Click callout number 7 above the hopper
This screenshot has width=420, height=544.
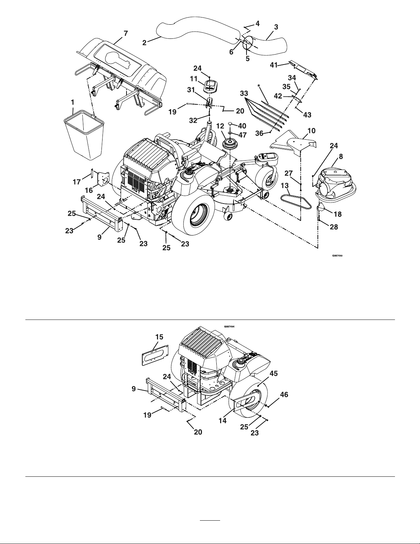click(126, 33)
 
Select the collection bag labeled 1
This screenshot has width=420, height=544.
click(84, 135)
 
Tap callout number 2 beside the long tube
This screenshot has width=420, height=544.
click(144, 43)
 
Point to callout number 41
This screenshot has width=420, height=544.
click(274, 65)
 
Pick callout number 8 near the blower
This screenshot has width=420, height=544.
click(341, 157)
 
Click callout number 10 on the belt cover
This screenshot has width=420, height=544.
click(312, 131)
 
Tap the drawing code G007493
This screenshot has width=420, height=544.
click(337, 256)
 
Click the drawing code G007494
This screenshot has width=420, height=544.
click(229, 327)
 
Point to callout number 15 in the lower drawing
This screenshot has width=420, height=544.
click(159, 337)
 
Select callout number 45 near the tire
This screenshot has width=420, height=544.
click(274, 373)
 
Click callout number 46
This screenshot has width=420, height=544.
click(284, 395)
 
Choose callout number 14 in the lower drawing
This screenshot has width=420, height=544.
click(223, 421)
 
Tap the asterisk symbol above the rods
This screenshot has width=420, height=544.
click(259, 86)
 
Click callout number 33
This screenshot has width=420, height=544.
click(244, 93)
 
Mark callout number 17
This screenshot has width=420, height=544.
click(77, 182)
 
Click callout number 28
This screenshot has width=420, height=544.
click(334, 227)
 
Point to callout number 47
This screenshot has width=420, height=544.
click(242, 135)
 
